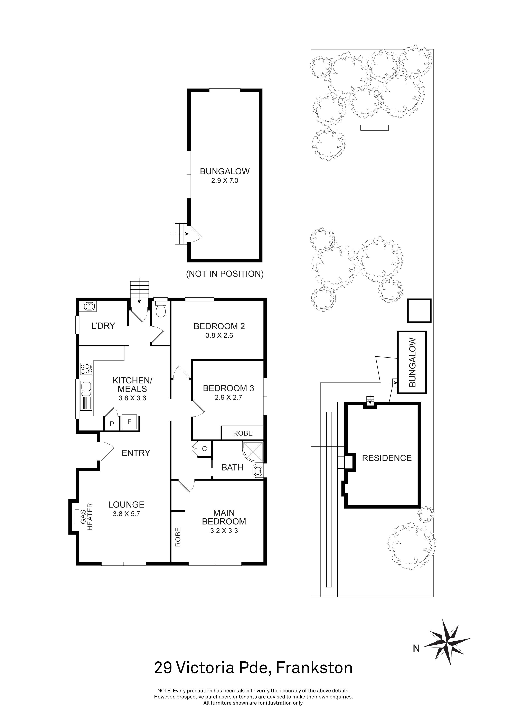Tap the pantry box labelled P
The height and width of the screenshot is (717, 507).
point(111,424)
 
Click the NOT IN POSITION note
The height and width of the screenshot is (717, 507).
point(225,274)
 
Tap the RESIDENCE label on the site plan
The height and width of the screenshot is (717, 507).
point(386,458)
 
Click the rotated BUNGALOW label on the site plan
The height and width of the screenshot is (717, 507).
point(412,362)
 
